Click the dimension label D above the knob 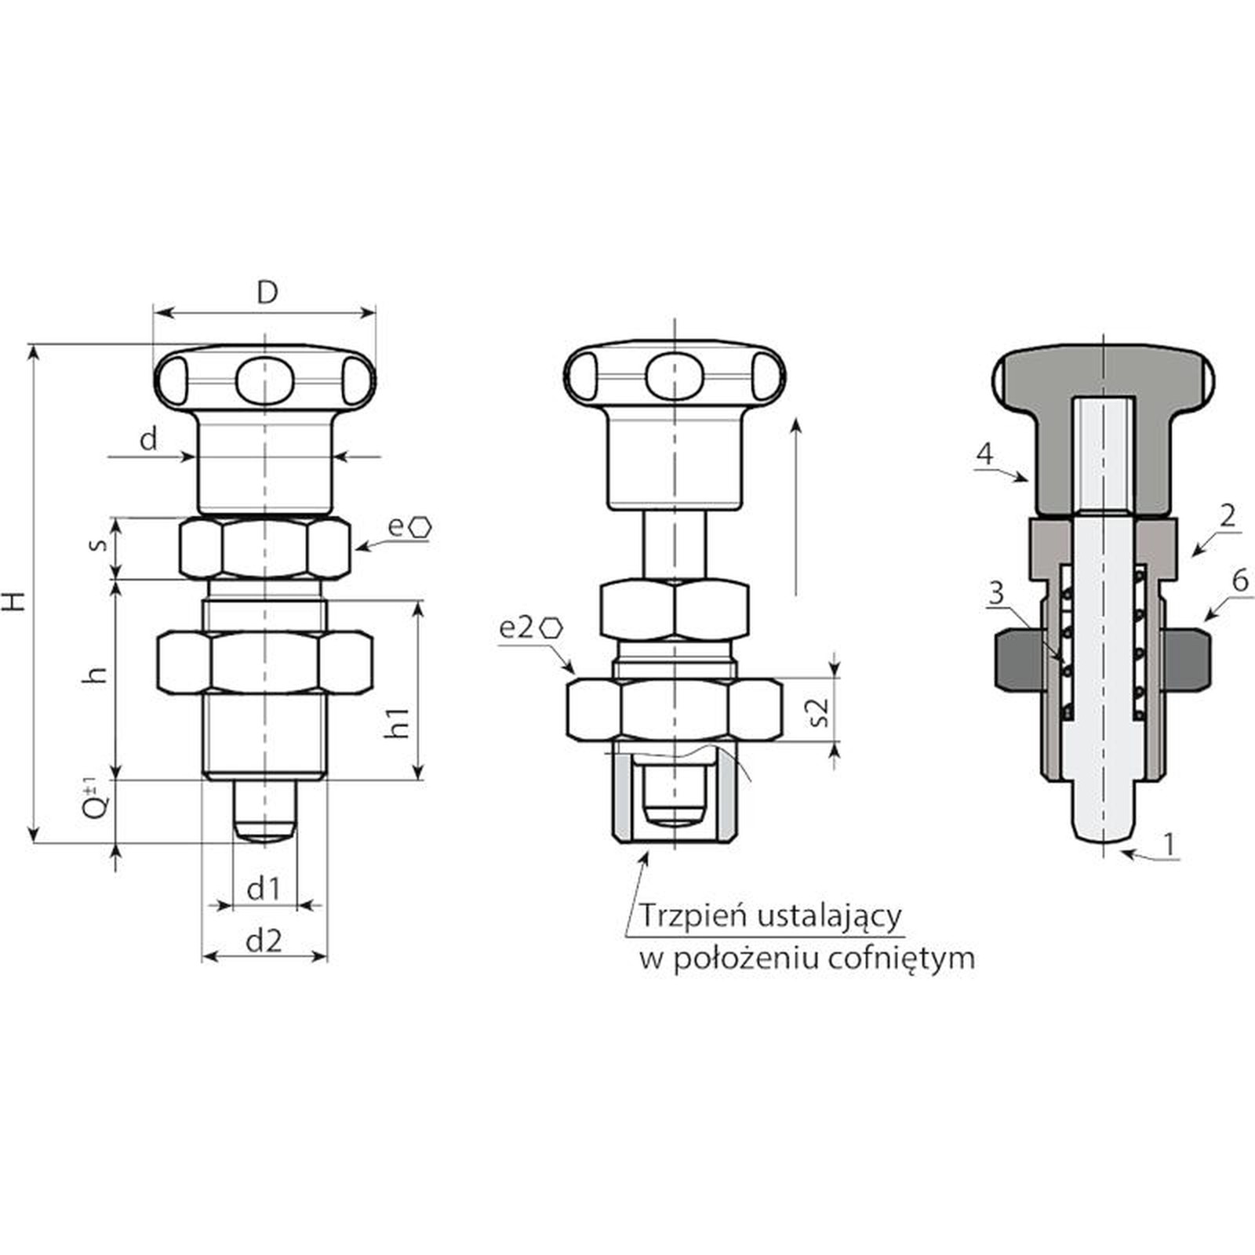(267, 293)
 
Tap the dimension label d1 (264, 889)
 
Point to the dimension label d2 (264, 940)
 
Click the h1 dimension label (398, 722)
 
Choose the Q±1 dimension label (94, 798)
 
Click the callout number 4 (984, 454)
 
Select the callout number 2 (1228, 515)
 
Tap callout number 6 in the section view (1240, 581)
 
